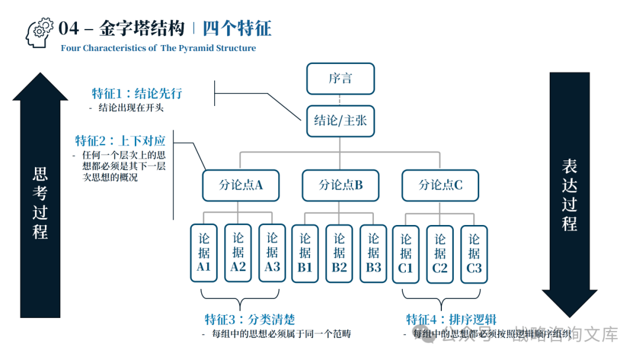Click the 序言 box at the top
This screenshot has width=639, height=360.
click(x=340, y=79)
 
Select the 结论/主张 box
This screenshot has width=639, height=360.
click(x=340, y=121)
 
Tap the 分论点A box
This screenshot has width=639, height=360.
click(x=240, y=185)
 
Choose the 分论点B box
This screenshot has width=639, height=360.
click(x=340, y=185)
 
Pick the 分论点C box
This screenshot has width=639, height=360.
click(x=440, y=185)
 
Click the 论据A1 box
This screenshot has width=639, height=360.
click(x=204, y=253)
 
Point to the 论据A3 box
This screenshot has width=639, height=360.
click(x=272, y=253)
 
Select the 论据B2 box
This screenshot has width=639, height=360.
click(x=339, y=253)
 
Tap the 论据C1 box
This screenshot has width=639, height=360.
click(x=406, y=253)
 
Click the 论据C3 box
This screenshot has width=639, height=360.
click(x=474, y=253)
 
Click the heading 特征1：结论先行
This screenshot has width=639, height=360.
click(x=137, y=94)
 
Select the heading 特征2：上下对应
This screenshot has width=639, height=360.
click(x=120, y=141)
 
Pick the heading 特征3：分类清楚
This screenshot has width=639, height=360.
click(x=250, y=320)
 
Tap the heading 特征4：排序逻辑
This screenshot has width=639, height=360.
click(x=451, y=320)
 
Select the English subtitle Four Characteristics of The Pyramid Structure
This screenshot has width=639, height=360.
click(x=158, y=49)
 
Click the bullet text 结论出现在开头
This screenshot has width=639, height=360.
click(x=131, y=108)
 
